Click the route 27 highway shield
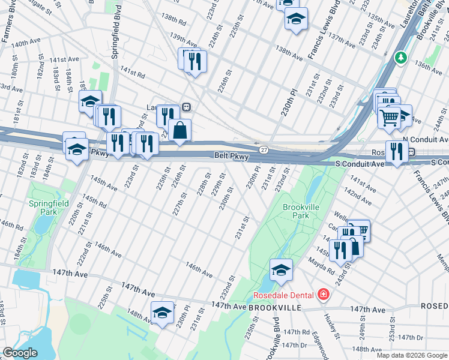point(264,149)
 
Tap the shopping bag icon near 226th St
point(180,130)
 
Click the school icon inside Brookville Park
point(280,269)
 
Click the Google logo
point(20,353)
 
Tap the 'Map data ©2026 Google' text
point(412,355)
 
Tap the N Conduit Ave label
point(426,139)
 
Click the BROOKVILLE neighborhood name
point(274,307)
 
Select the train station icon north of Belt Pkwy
point(187,107)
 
